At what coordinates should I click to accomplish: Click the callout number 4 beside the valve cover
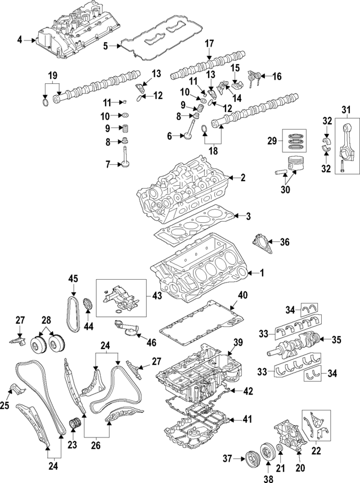20,39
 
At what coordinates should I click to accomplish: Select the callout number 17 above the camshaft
209,43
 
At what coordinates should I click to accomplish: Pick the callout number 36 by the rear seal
285,243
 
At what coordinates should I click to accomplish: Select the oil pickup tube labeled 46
127,329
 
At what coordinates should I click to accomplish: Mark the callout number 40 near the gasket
242,295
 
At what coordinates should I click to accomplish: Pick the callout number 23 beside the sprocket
71,445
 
